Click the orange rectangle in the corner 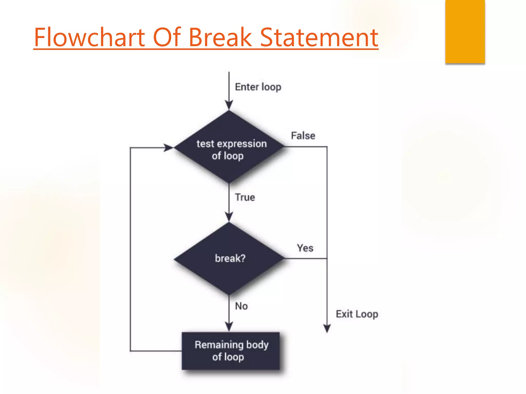point(465,31)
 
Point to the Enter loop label point(258,87)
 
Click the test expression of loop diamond point(229,147)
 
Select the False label point(303,136)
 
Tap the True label point(245,197)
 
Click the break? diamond point(229,259)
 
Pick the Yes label point(305,248)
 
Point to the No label point(241,306)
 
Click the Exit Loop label point(357,314)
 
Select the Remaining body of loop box point(231,351)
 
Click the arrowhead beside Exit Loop point(327,328)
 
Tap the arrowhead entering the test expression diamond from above point(229,105)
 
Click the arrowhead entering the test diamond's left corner point(169,148)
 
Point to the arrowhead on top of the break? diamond point(229,217)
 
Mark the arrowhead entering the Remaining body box point(229,327)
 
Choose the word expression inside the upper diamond point(242,144)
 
